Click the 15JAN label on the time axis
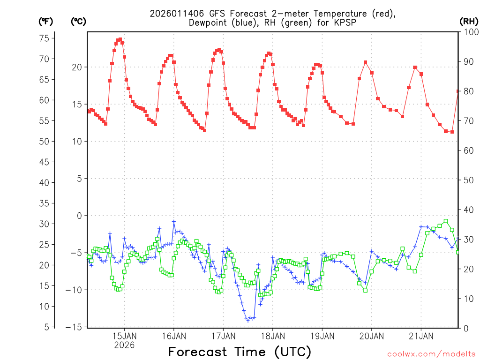tap(124, 336)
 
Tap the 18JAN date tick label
tap(272, 336)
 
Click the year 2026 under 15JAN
tap(124, 345)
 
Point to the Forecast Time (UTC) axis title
tap(240, 352)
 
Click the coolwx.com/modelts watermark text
tap(431, 353)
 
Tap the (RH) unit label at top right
tap(469, 21)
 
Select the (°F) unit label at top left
tap(46, 21)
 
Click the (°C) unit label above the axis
tap(78, 21)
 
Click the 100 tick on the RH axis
tap(470, 32)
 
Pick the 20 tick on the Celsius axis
tap(77, 67)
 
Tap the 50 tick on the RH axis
tap(468, 180)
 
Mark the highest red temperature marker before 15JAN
tap(120, 39)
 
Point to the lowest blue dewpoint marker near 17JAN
tap(248, 320)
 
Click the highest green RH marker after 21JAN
tap(446, 221)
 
